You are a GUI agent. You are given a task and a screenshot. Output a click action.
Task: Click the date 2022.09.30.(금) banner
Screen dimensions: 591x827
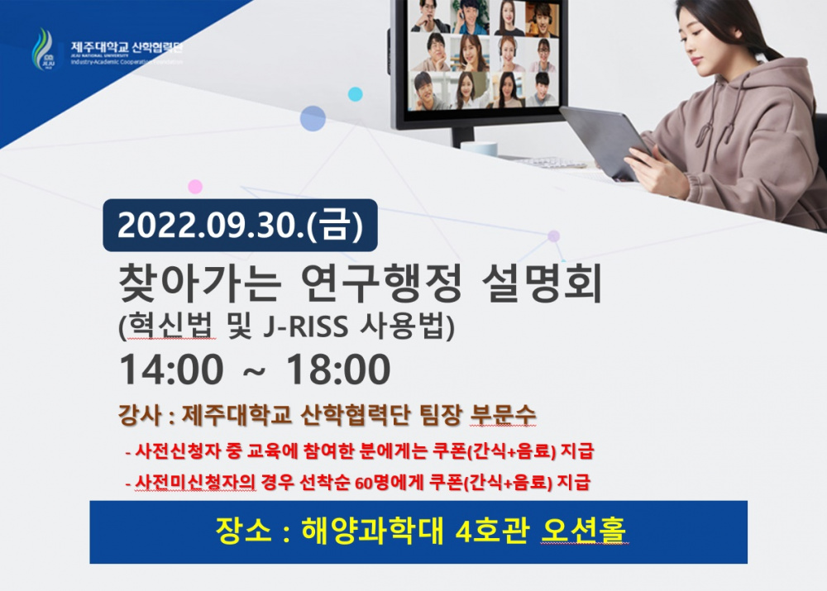(240, 226)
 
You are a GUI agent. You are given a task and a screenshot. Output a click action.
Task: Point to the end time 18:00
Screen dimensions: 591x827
(338, 370)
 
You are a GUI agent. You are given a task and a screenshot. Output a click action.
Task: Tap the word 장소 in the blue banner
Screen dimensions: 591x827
(236, 529)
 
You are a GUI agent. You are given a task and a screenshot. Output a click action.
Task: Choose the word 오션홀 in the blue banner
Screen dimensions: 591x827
(584, 529)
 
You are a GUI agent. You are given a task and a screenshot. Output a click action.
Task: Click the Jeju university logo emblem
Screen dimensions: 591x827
(42, 49)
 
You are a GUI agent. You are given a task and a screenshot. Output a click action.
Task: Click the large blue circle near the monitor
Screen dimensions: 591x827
(313, 119)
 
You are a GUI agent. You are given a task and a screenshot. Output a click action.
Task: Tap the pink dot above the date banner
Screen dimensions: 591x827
(195, 186)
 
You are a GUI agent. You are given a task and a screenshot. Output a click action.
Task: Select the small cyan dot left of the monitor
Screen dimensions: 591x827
(355, 93)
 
